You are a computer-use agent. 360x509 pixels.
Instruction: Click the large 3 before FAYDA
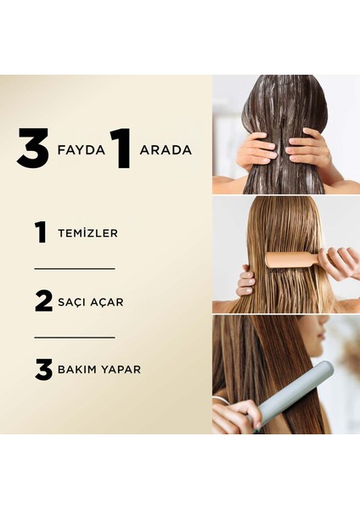pyautogui.click(x=33, y=149)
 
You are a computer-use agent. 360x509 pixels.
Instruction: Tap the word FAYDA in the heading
pyautogui.click(x=81, y=150)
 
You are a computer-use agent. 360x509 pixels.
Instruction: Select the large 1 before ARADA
pyautogui.click(x=120, y=149)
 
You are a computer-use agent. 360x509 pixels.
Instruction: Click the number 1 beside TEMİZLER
pyautogui.click(x=41, y=232)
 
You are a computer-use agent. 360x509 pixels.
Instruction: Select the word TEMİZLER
pyautogui.click(x=88, y=232)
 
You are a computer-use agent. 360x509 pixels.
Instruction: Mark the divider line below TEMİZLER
pyautogui.click(x=74, y=268)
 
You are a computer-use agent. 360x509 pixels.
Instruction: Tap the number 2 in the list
pyautogui.click(x=42, y=300)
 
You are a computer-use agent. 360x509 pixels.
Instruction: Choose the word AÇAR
pyautogui.click(x=112, y=301)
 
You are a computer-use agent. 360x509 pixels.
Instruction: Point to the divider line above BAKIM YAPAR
pyautogui.click(x=74, y=337)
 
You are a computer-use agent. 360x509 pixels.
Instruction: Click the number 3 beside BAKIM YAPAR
pyautogui.click(x=42, y=369)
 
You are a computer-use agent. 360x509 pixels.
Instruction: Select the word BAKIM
pyautogui.click(x=78, y=370)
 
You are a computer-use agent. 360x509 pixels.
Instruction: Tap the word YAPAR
pyautogui.click(x=121, y=370)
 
